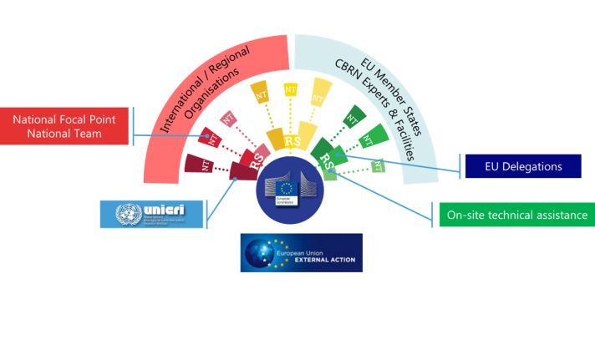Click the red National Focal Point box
[x=65, y=125]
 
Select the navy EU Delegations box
[x=522, y=166]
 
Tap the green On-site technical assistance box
[x=516, y=215]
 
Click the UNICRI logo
[x=151, y=214]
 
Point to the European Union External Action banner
[x=302, y=252]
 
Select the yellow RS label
[x=293, y=141]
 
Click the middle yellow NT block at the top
[x=291, y=89]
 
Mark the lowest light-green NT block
[x=378, y=166]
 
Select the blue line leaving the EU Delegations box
[x=401, y=162]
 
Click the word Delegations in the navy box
[x=534, y=166]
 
